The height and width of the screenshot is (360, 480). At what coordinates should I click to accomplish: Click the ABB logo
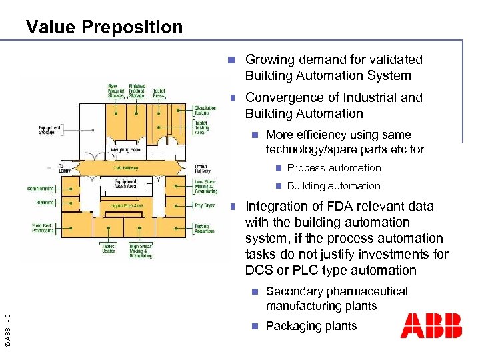coord(431,326)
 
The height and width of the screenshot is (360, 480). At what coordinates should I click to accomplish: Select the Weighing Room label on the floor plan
coord(125,150)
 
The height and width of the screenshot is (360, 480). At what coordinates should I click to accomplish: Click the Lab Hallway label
coord(125,168)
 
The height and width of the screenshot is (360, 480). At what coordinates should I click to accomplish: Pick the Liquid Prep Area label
coord(127,206)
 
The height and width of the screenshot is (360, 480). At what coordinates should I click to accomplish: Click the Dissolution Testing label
coord(205,111)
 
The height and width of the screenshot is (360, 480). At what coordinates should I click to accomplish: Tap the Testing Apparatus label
coord(204,229)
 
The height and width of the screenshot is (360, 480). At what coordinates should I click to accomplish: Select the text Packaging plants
coord(311,326)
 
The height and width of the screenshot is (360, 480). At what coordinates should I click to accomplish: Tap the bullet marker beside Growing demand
coord(230,60)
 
